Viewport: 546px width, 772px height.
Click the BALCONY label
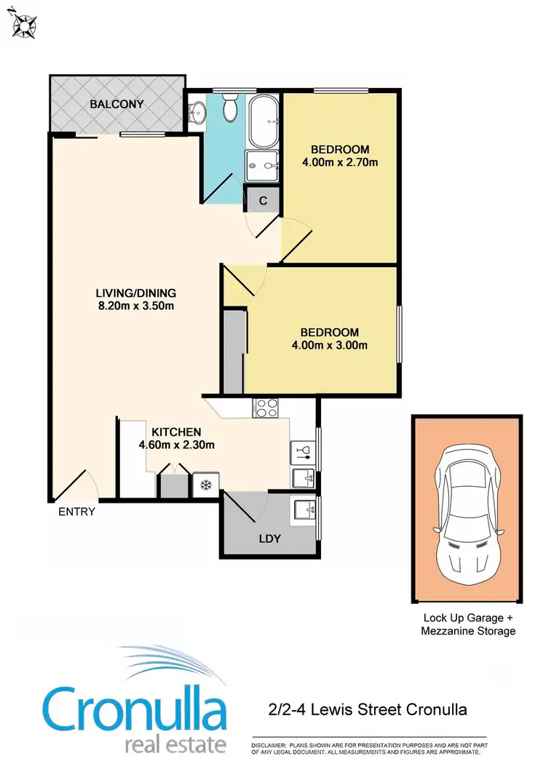(x=116, y=105)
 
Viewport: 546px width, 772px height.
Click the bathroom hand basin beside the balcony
(x=196, y=114)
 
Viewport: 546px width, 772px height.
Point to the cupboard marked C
(x=263, y=200)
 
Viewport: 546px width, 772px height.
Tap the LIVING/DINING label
(x=136, y=293)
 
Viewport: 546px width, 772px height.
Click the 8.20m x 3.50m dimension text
(x=136, y=306)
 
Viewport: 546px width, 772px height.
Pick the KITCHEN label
(x=176, y=431)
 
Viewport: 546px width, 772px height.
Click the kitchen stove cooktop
(x=265, y=408)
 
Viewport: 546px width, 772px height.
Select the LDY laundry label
(x=269, y=539)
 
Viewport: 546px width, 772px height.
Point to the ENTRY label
(x=77, y=512)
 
